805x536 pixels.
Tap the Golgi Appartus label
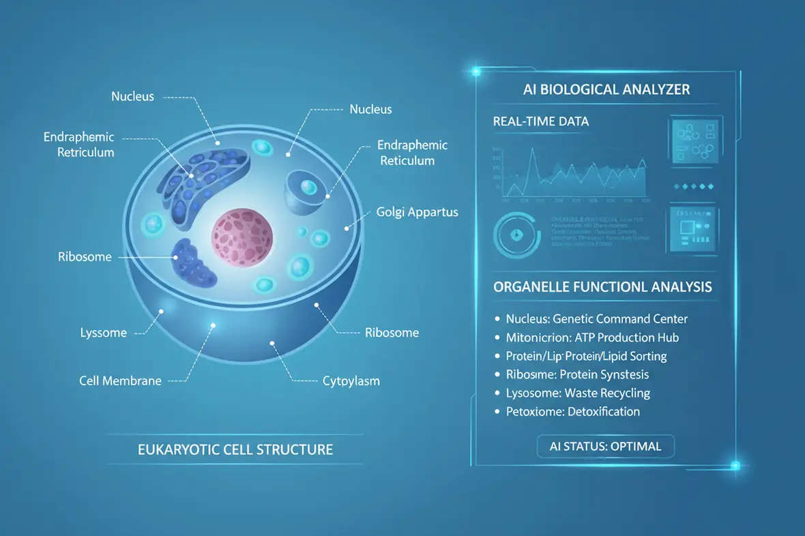pyautogui.click(x=417, y=212)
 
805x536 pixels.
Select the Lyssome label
pyautogui.click(x=104, y=333)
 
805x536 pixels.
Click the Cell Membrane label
pyautogui.click(x=120, y=381)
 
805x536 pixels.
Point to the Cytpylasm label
pyautogui.click(x=351, y=381)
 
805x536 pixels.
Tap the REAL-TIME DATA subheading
pyautogui.click(x=540, y=121)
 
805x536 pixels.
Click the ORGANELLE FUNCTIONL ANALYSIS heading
pyautogui.click(x=602, y=287)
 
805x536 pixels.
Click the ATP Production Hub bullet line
pyautogui.click(x=591, y=337)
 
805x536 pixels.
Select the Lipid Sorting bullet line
pyautogui.click(x=586, y=356)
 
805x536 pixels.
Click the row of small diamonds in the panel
pyautogui.click(x=693, y=186)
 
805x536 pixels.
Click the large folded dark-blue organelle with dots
pyautogui.click(x=204, y=180)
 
